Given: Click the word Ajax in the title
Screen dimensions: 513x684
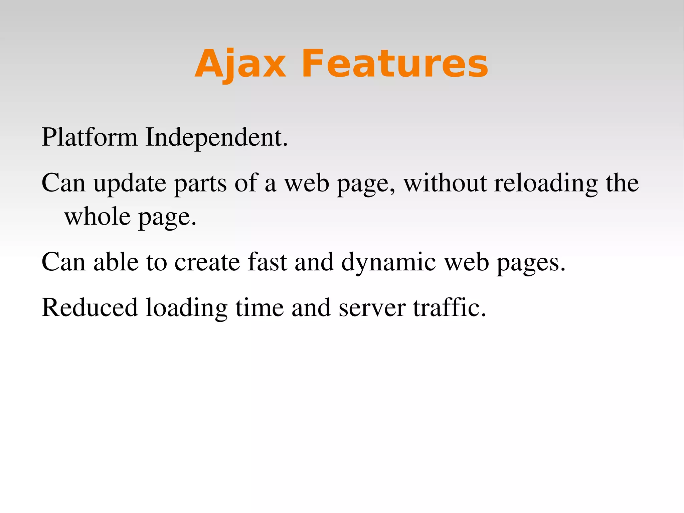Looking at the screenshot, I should pyautogui.click(x=240, y=64).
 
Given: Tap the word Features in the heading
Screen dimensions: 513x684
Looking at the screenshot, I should pyautogui.click(x=395, y=64).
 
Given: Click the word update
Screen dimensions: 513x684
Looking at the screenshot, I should pyautogui.click(x=130, y=183).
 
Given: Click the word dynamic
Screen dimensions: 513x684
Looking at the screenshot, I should pyautogui.click(x=388, y=262).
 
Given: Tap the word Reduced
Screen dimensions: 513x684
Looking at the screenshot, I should pyautogui.click(x=90, y=307).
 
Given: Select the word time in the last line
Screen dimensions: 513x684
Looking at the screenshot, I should pyautogui.click(x=260, y=307).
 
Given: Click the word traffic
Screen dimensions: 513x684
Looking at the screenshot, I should pyautogui.click(x=449, y=307).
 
